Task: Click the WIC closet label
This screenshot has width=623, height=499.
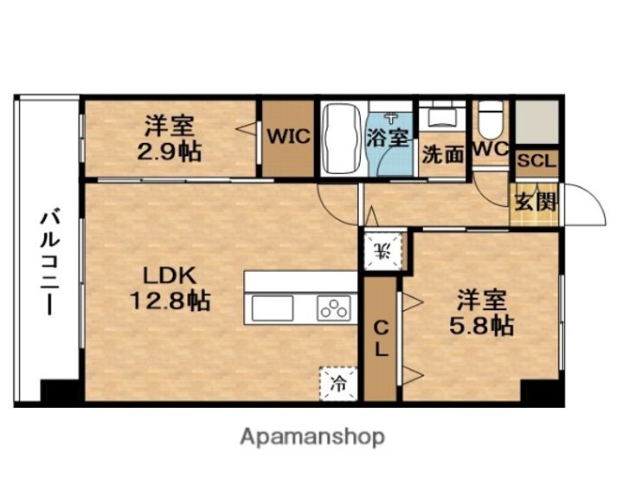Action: pos(288,137)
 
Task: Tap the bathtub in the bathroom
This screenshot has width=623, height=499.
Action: pos(342,139)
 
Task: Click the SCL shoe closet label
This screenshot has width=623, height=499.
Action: pos(536,161)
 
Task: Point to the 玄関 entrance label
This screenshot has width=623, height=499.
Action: pos(536,203)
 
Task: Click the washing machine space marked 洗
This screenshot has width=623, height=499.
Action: pos(383,251)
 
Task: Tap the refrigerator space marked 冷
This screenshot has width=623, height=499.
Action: pos(338,384)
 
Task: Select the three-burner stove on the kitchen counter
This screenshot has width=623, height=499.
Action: pos(334,308)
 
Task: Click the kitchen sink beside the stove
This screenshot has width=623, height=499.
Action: pos(273,308)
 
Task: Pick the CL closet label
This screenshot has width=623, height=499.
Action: pos(382,339)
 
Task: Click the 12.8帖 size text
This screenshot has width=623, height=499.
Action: pos(170,301)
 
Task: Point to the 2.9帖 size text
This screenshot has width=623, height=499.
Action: pos(170,152)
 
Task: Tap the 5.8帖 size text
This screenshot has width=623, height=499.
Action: pos(482,326)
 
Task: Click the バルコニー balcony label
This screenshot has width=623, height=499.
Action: pos(50,264)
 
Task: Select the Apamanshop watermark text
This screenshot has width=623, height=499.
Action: pos(312,437)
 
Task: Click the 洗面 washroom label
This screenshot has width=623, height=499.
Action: pos(443,154)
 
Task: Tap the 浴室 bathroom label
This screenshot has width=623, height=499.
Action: pos(388,137)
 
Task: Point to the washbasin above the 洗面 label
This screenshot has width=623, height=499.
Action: pos(443,117)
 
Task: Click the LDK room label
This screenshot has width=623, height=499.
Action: pos(170,275)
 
